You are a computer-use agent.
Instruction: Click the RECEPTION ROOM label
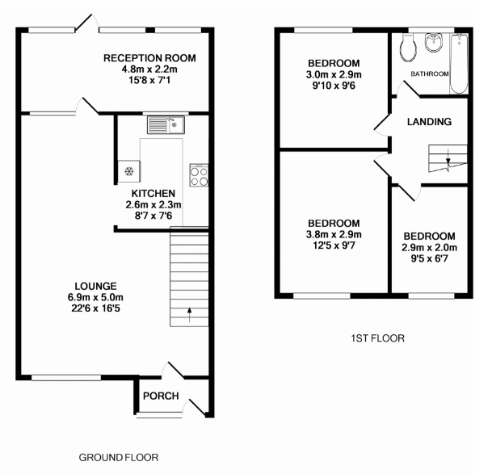[149, 58]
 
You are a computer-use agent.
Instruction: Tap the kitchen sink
[166, 124]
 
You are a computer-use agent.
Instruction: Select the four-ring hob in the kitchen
[198, 174]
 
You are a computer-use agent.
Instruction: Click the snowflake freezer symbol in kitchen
[128, 171]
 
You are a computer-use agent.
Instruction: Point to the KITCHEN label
[153, 194]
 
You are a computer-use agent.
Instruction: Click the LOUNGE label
[96, 286]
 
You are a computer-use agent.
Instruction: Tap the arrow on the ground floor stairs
[190, 313]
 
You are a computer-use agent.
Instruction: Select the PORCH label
[161, 396]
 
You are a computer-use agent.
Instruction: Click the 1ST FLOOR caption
[379, 338]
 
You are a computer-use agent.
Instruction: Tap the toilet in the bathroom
[407, 48]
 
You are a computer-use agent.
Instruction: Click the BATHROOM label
[429, 74]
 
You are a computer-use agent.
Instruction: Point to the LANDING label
[428, 122]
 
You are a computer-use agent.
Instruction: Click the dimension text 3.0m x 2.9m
[334, 75]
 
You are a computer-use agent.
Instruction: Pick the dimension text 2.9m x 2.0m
[430, 248]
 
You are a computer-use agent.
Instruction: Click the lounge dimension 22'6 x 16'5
[96, 308]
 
